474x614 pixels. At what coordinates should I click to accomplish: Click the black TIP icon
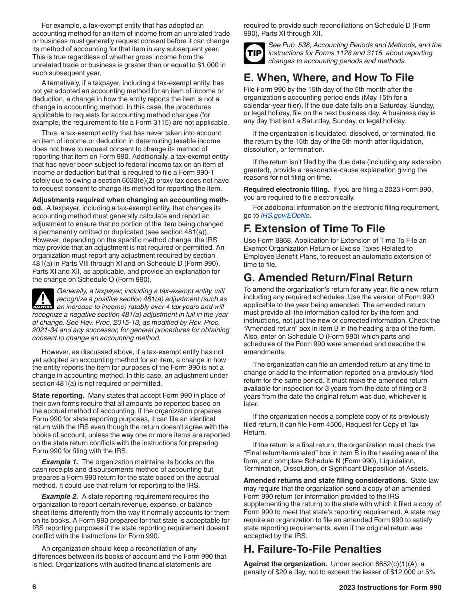254,53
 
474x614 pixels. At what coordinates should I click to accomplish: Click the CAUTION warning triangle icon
43,299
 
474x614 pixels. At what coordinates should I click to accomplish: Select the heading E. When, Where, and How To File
329,78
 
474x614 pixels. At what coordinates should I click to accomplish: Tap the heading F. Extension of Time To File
314,229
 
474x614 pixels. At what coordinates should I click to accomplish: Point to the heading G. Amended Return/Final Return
328,278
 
